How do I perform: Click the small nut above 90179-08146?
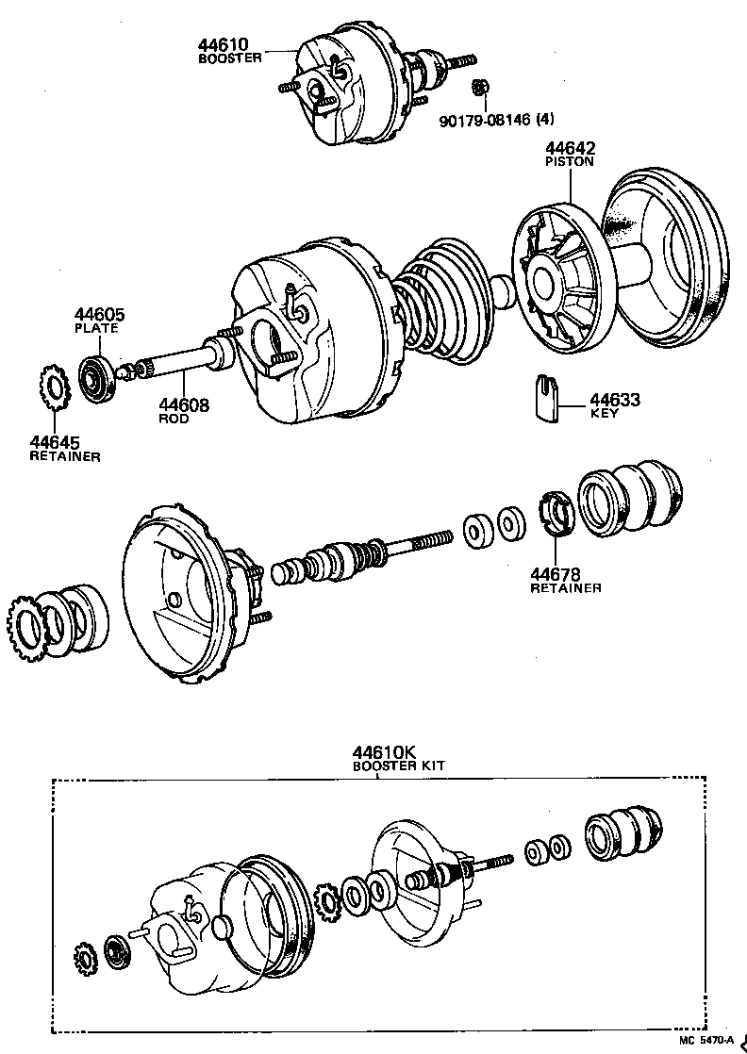pyautogui.click(x=479, y=88)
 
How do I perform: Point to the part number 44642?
pyautogui.click(x=570, y=148)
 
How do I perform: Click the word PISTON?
pyautogui.click(x=570, y=161)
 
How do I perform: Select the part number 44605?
pyautogui.click(x=99, y=315)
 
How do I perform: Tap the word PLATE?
pyautogui.click(x=96, y=328)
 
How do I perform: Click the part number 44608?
pyautogui.click(x=184, y=405)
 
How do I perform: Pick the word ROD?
pyautogui.click(x=174, y=419)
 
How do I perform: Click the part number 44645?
pyautogui.click(x=54, y=442)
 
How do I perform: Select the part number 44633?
pyautogui.click(x=615, y=401)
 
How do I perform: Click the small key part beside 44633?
pyautogui.click(x=541, y=397)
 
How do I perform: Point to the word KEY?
pyautogui.click(x=604, y=414)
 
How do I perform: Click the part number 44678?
pyautogui.click(x=555, y=574)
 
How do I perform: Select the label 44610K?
pyautogui.click(x=385, y=752)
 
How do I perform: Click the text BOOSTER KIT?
pyautogui.click(x=398, y=766)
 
